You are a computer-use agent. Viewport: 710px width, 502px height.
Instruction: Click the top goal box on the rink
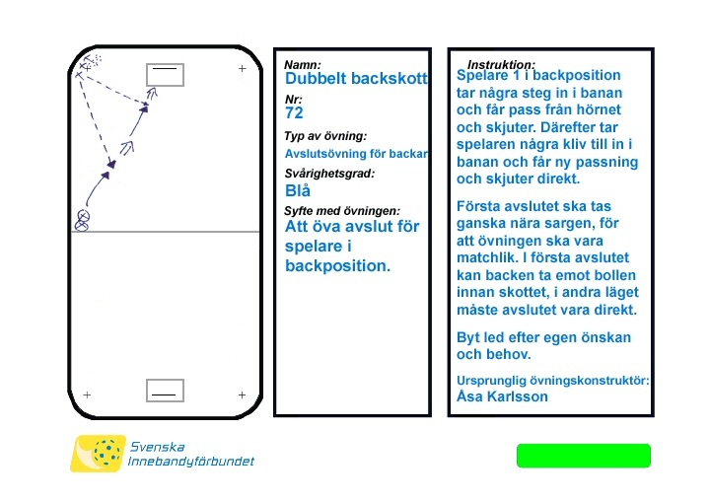click(x=165, y=73)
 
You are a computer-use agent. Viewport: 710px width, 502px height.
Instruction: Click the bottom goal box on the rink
click(x=165, y=391)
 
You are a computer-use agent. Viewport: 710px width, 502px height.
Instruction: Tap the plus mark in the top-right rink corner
click(x=243, y=69)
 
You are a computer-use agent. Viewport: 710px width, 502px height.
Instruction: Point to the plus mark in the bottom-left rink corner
click(x=87, y=394)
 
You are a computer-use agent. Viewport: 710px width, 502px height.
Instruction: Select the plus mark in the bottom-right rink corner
click(x=242, y=394)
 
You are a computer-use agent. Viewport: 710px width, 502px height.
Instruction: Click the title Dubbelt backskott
click(x=356, y=78)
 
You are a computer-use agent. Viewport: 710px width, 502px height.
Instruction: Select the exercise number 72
click(x=294, y=113)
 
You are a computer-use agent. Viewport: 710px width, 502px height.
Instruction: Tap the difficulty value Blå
click(x=297, y=190)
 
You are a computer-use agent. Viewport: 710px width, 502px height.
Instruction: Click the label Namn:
click(x=303, y=65)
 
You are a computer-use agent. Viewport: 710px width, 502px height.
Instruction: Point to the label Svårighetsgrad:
click(x=329, y=174)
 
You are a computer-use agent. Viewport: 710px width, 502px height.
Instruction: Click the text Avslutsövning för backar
click(x=355, y=153)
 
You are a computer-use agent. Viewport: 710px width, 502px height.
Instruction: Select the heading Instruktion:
click(x=501, y=64)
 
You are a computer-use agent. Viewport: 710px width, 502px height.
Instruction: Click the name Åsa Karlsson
click(x=502, y=396)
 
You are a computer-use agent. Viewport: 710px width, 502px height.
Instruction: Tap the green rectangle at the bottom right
click(x=584, y=456)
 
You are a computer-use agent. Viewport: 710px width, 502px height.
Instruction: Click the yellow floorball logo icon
click(x=98, y=454)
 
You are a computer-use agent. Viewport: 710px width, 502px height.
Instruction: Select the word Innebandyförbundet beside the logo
click(x=191, y=462)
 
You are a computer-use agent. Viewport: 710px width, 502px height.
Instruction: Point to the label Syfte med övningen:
click(x=342, y=211)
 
